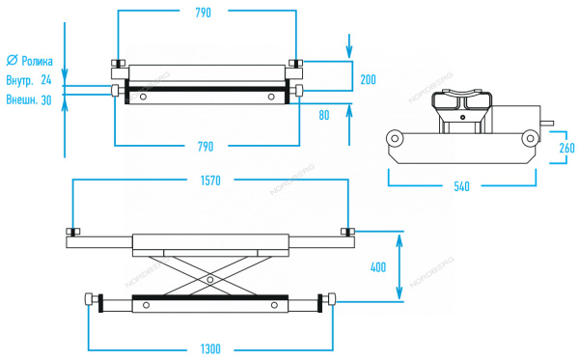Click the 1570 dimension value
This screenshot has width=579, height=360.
pos(210,180)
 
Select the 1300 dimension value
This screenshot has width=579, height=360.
pos(210,349)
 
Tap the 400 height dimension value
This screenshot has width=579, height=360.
pos(378,267)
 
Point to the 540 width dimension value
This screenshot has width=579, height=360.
pos(461,186)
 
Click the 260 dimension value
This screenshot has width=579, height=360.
pos(566,148)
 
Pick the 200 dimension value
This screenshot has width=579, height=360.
pos(369,79)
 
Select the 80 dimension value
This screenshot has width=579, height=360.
pos(324,115)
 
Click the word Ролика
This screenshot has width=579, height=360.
pos(37,61)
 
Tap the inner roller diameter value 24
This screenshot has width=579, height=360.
pos(46,80)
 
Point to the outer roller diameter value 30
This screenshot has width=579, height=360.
pos(46,100)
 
